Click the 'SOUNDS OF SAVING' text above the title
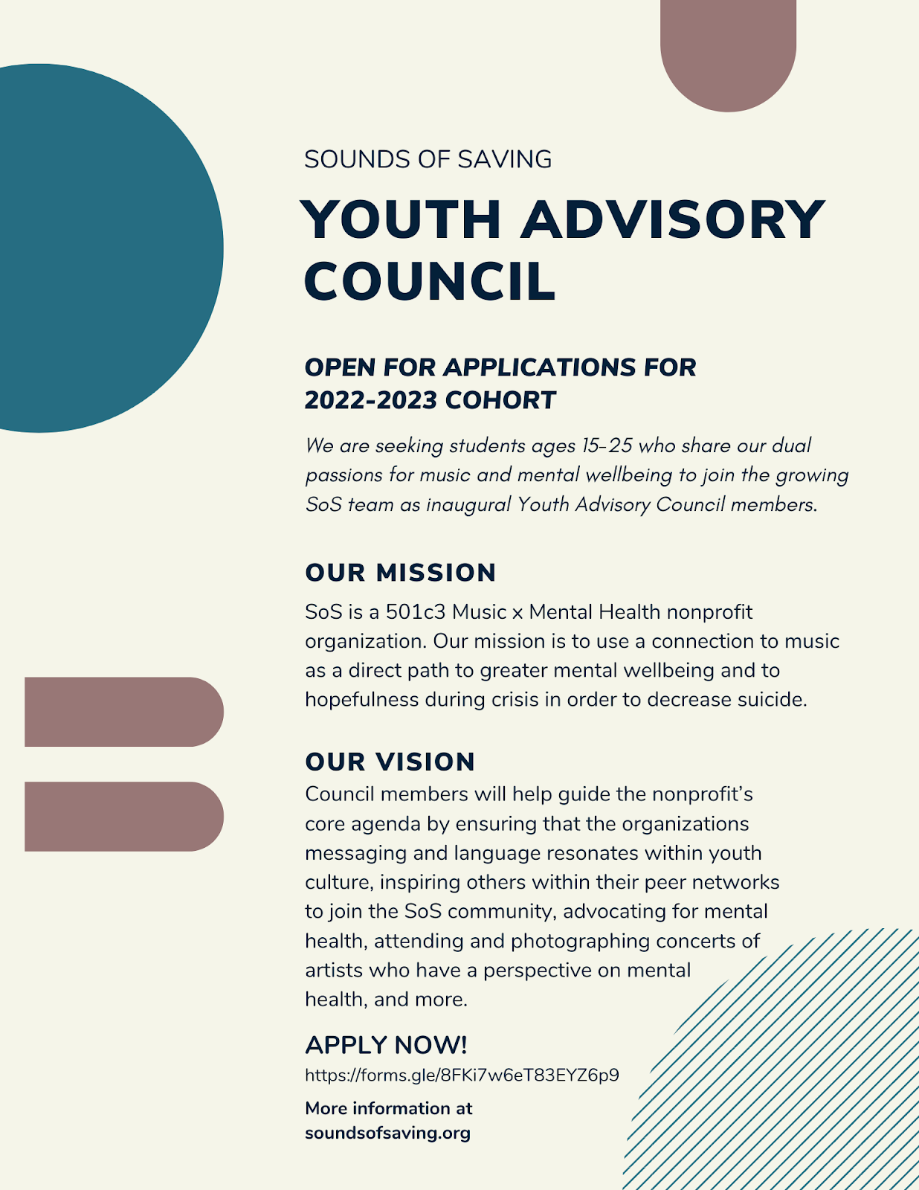(428, 159)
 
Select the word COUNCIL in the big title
(430, 282)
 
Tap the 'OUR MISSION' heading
(400, 573)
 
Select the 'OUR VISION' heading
(390, 762)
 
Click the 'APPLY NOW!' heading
(386, 1045)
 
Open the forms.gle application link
(462, 1075)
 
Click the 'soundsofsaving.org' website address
(387, 1133)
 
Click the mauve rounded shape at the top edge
(728, 52)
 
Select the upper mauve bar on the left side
(123, 712)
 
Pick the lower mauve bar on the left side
(123, 817)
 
